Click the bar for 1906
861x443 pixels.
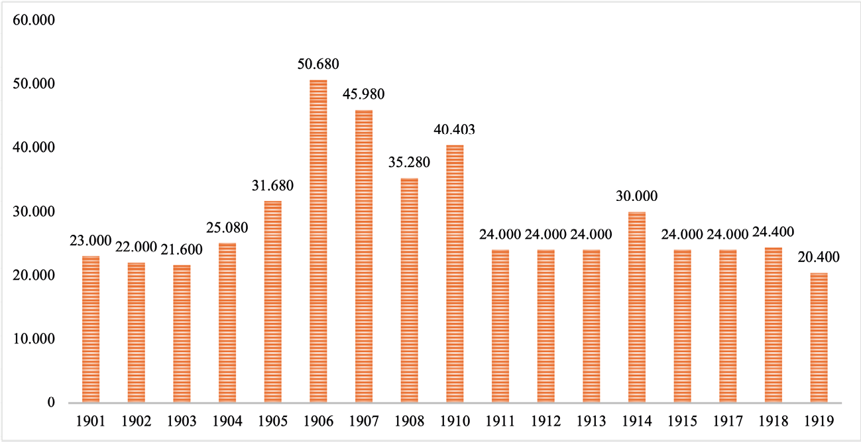point(318,241)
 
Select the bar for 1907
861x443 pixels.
point(364,256)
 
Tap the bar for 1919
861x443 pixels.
point(819,338)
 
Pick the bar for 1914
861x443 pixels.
point(637,307)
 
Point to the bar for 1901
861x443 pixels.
point(91,329)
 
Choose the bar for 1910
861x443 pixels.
point(455,273)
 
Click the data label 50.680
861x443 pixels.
point(318,65)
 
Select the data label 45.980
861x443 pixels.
point(364,95)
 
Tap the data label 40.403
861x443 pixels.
point(455,129)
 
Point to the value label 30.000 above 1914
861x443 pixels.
point(637,197)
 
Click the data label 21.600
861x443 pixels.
point(182,249)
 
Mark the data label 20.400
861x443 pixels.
point(819,257)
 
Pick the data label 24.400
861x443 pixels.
point(774,232)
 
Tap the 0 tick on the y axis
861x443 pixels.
point(50,403)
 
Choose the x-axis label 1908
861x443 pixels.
point(409,420)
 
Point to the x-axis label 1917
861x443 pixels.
point(728,420)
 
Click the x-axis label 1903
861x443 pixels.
point(182,420)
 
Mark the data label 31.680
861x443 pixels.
point(273,186)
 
